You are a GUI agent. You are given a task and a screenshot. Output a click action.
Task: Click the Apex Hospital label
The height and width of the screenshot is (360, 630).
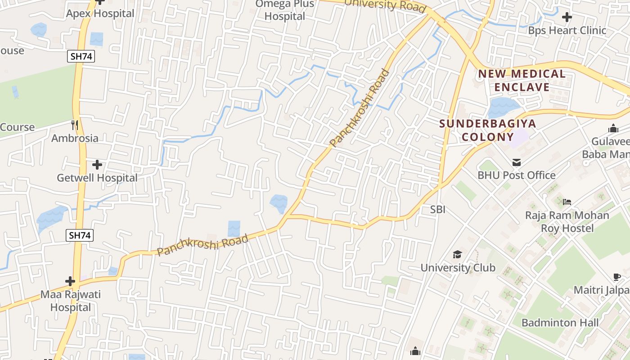(100, 13)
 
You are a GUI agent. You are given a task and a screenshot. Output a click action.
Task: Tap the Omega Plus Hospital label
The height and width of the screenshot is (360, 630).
(285, 10)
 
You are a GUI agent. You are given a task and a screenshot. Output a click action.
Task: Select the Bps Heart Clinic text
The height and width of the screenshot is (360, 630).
(567, 31)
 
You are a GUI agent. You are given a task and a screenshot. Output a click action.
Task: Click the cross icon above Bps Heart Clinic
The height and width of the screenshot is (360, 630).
(567, 18)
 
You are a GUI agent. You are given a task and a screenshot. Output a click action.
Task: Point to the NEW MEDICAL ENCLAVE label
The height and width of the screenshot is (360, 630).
(522, 80)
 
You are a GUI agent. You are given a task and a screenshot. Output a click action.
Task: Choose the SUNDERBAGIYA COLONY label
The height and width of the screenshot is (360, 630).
(487, 130)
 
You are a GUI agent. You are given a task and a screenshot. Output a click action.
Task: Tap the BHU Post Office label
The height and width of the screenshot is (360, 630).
(517, 175)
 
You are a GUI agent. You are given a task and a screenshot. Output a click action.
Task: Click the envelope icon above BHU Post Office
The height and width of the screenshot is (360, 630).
(516, 162)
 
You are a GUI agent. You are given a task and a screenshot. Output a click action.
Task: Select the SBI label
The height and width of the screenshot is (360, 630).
(437, 209)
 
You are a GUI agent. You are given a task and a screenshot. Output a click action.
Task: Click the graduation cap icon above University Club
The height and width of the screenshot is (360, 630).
(457, 255)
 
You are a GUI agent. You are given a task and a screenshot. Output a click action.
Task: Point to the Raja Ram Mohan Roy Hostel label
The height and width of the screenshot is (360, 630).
(567, 221)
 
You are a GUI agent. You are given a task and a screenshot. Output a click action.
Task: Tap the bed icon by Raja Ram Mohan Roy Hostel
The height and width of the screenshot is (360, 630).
(567, 202)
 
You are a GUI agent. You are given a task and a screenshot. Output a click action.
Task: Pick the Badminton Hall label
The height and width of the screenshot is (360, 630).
(560, 323)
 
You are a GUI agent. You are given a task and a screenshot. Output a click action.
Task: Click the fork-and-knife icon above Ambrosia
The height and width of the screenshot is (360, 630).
(75, 125)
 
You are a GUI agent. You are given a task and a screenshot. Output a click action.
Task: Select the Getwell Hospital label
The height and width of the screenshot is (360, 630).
(97, 178)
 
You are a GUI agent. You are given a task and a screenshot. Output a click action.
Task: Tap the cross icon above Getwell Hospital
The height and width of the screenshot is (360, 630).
(97, 165)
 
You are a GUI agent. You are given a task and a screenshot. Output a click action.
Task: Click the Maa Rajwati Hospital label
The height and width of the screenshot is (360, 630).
(71, 301)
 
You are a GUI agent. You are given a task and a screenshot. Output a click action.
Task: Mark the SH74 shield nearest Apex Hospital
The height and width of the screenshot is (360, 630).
(81, 56)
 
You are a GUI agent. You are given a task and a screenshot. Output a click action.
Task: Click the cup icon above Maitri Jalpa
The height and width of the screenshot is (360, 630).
(616, 277)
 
